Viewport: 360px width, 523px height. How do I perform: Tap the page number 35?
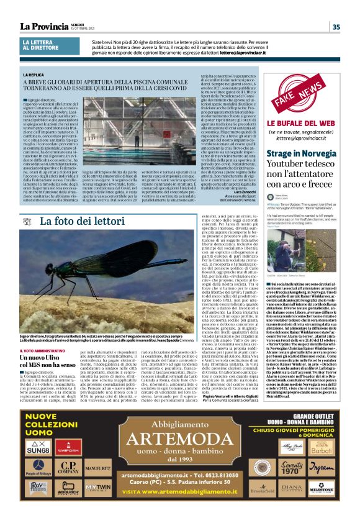[x=336, y=27]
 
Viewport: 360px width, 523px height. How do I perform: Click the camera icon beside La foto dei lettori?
[x=29, y=220]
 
